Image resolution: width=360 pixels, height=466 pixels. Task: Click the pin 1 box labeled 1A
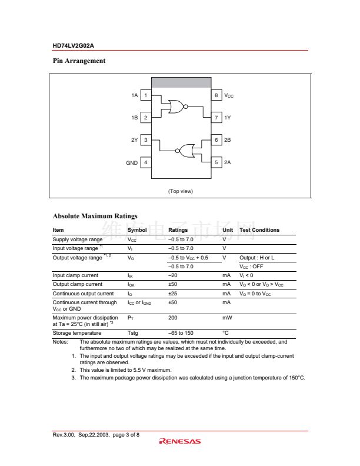(x=146, y=95)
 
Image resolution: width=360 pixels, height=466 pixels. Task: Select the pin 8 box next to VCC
(x=216, y=95)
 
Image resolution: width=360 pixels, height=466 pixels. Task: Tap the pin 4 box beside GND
(x=146, y=162)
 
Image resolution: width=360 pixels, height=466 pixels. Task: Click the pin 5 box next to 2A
(x=216, y=162)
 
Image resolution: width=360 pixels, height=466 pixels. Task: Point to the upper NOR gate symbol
(x=176, y=106)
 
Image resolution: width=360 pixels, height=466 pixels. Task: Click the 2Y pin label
(x=134, y=140)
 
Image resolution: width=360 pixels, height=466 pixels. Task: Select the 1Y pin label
(x=228, y=118)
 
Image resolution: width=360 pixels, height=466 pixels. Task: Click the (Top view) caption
(x=181, y=191)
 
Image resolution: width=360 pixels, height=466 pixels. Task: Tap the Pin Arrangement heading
(x=79, y=61)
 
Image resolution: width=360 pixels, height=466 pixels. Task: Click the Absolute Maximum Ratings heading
(x=95, y=216)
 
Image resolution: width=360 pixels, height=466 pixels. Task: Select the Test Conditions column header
(x=259, y=230)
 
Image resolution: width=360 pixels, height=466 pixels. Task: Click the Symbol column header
(x=137, y=230)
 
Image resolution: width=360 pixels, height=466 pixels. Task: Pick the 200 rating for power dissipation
(x=173, y=317)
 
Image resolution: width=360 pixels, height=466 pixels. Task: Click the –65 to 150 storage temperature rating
(x=181, y=333)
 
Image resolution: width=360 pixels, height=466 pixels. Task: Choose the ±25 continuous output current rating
(x=173, y=293)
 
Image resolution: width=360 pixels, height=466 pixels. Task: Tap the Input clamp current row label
(x=75, y=275)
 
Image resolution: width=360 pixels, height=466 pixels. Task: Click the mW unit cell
(x=227, y=317)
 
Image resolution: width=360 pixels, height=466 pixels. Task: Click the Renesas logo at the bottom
(x=180, y=441)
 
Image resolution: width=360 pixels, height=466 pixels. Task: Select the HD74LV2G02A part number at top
(x=74, y=45)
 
